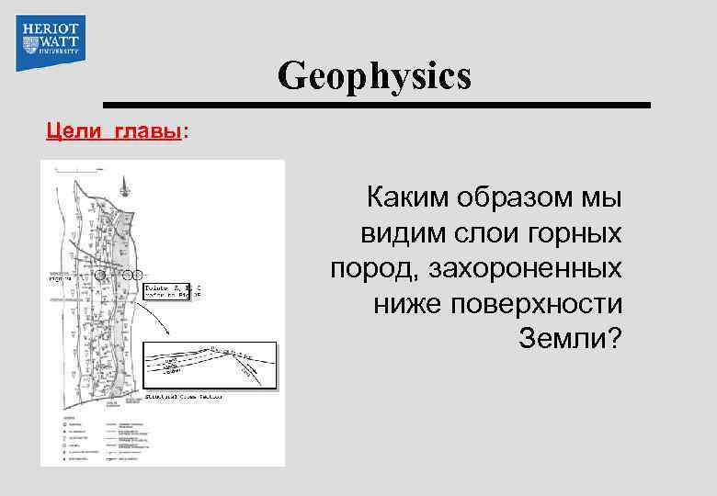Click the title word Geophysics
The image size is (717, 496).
tap(374, 76)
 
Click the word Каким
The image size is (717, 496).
tap(405, 197)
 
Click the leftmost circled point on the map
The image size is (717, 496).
tap(102, 274)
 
